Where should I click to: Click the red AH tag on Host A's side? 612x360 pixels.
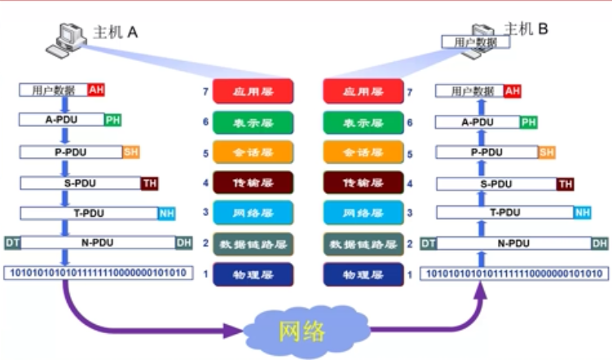click(96, 90)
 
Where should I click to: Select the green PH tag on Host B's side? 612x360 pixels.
click(528, 122)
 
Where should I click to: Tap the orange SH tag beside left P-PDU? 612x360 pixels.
click(130, 152)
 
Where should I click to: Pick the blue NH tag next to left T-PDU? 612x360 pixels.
click(166, 213)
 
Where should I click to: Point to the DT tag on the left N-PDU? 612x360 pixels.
click(12, 243)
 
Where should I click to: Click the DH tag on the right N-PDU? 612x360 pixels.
click(599, 243)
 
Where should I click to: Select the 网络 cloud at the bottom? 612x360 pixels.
click(302, 331)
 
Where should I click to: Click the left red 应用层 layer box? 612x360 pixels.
click(247, 92)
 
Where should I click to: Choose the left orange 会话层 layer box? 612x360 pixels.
click(247, 153)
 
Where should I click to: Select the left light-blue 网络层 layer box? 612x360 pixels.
click(247, 213)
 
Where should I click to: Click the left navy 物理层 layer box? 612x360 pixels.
click(247, 274)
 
